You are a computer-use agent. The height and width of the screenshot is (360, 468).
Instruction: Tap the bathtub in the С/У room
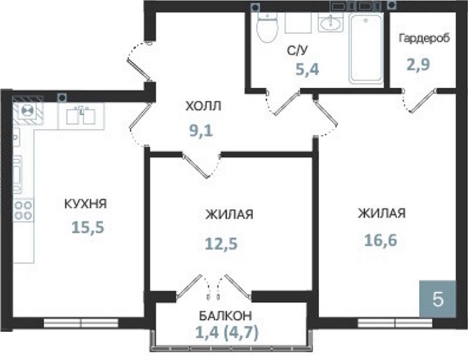click(x=366, y=48)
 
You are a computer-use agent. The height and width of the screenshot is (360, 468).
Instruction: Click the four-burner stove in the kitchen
click(x=23, y=211)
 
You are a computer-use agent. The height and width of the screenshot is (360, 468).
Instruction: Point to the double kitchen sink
click(x=81, y=116)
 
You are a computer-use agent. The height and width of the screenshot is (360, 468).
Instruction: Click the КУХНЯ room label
click(x=86, y=204)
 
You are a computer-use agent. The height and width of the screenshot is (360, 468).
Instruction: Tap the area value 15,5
click(x=88, y=227)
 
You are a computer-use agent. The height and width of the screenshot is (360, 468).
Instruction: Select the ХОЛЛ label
click(x=203, y=106)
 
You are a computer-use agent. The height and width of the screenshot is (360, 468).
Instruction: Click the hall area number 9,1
click(x=202, y=130)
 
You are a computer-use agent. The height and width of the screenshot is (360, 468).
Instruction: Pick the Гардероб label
click(x=424, y=38)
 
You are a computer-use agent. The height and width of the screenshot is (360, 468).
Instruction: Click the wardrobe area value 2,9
click(x=419, y=64)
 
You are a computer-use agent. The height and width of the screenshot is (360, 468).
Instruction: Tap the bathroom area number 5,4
click(x=307, y=69)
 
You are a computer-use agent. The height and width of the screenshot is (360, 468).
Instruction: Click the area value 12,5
click(x=221, y=244)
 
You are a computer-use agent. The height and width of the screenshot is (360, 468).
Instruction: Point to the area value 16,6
click(x=380, y=240)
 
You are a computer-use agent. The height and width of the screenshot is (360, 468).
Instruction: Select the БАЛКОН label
click(x=226, y=316)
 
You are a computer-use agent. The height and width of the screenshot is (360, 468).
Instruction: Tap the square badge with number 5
click(x=437, y=299)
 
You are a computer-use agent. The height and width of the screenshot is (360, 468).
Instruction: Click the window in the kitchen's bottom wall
click(x=81, y=323)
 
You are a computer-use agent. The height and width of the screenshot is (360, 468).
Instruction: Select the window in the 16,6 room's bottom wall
click(x=395, y=323)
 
